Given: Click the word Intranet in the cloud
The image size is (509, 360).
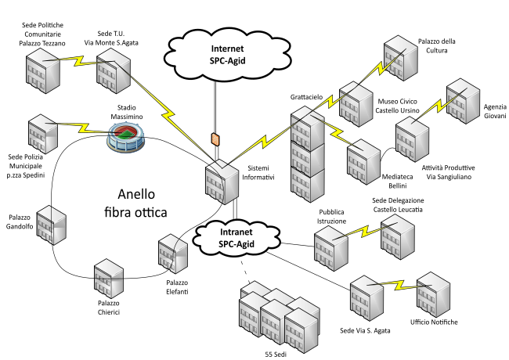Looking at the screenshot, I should click(x=236, y=232).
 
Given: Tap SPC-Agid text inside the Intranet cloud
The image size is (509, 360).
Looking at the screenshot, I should click(x=236, y=245).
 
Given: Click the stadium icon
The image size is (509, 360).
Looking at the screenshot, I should click(x=127, y=138).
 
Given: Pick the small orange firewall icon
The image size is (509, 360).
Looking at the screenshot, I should click(x=215, y=139).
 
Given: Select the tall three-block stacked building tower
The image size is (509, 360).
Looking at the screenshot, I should click(x=307, y=154).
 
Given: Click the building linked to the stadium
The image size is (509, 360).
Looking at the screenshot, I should click(x=43, y=134).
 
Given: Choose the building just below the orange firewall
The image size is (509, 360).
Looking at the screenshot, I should click(x=222, y=182).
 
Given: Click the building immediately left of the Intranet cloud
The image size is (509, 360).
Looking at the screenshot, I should click(x=173, y=254).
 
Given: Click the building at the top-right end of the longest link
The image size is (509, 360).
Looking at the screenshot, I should click(x=401, y=58).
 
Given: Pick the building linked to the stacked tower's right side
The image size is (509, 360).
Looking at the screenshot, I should click(x=364, y=161).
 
